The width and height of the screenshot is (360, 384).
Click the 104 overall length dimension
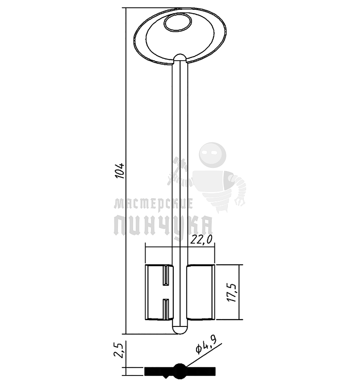coord(120,171)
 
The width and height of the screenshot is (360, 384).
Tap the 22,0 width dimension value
coord(201,240)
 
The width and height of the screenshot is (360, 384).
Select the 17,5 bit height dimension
coord(232,292)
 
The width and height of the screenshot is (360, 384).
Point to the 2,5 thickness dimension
coord(118,351)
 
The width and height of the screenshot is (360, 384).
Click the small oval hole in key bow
coord(177,23)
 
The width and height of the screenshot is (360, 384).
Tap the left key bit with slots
coord(159,292)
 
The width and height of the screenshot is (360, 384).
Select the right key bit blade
coord(201,292)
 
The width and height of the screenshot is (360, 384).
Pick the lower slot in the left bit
coord(166,309)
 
